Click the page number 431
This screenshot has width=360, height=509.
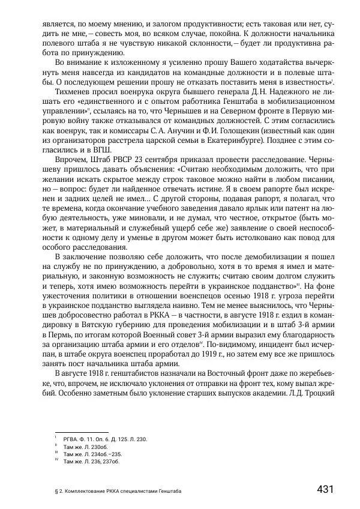(325, 489)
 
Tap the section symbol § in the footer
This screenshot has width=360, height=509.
(47, 491)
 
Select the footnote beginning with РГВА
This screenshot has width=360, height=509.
(105, 439)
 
